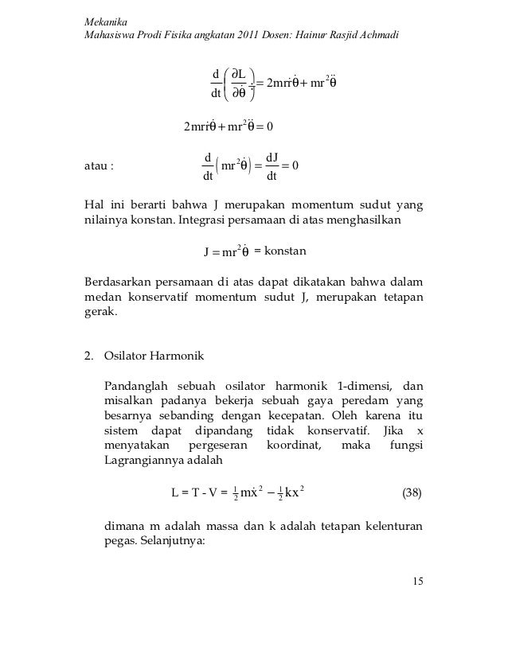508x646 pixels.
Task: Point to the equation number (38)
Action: tap(412, 491)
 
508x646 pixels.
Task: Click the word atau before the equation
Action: tap(96, 167)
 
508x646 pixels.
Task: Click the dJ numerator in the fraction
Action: tap(272, 157)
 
